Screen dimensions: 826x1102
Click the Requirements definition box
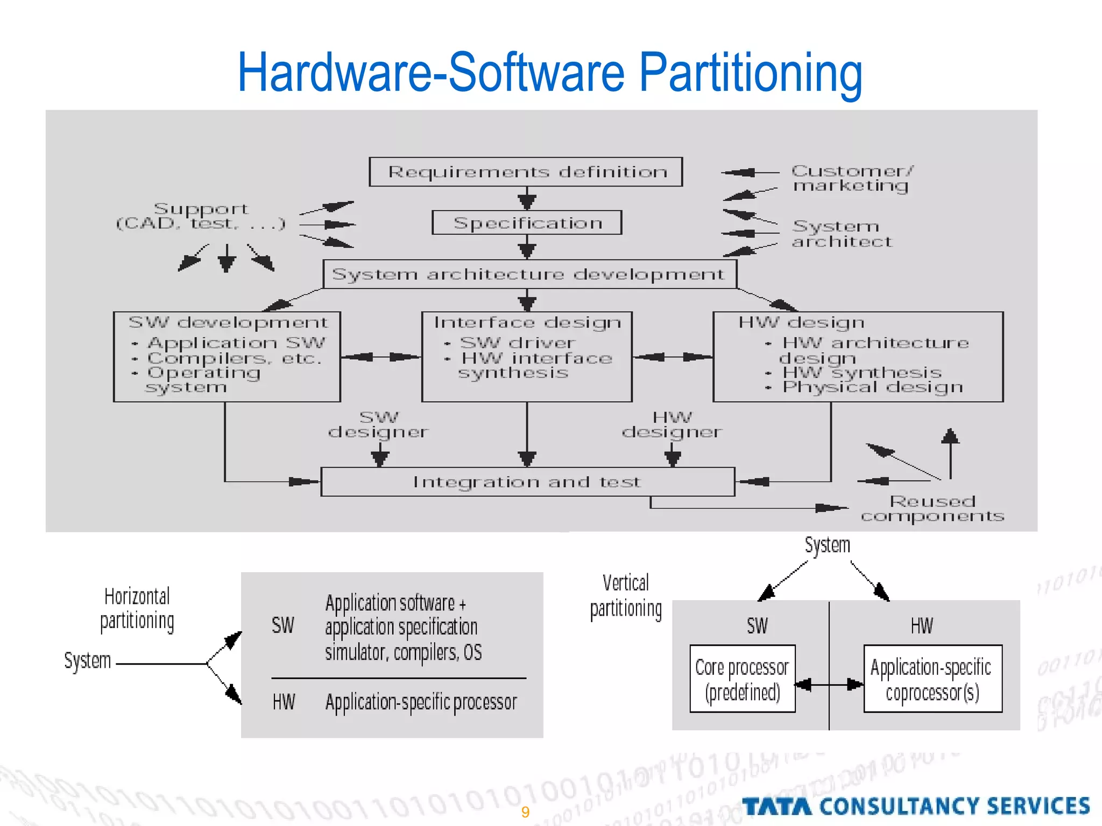pos(526,172)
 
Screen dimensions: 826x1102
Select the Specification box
pos(527,223)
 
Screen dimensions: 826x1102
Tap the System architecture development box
pos(529,274)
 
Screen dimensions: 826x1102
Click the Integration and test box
pos(527,482)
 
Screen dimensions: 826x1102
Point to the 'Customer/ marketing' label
pos(852,179)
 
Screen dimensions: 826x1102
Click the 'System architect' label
pos(842,234)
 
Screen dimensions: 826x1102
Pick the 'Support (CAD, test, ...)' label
pos(201,216)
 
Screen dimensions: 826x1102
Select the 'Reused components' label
pos(932,509)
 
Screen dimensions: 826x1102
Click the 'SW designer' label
pos(379,425)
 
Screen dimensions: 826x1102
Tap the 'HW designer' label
pos(672,425)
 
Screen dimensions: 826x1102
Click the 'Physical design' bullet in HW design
pos(872,387)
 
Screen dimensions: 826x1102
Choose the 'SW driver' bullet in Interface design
pos(517,343)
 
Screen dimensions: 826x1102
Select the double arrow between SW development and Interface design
pos(381,357)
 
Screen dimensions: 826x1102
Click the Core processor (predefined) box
pos(742,679)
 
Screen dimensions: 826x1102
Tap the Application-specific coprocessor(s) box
pos(932,679)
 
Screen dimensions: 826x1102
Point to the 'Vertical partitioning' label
pos(626,596)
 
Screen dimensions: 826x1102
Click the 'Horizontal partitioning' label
pos(137,608)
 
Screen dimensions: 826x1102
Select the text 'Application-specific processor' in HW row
pos(421,702)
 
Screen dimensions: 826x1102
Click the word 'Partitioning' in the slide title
pos(750,73)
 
